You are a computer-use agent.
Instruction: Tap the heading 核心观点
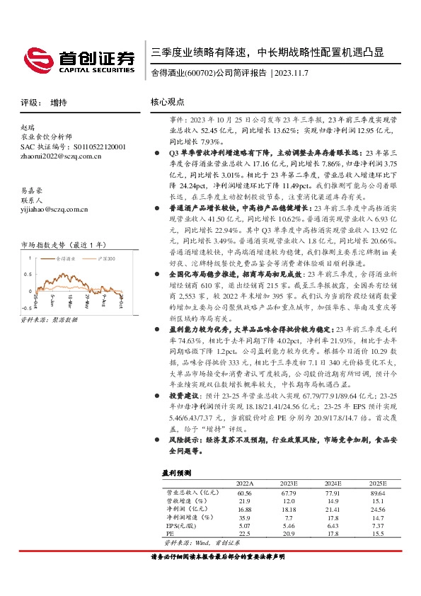pos(166,102)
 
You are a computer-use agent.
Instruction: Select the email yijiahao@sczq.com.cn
pos(54,209)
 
